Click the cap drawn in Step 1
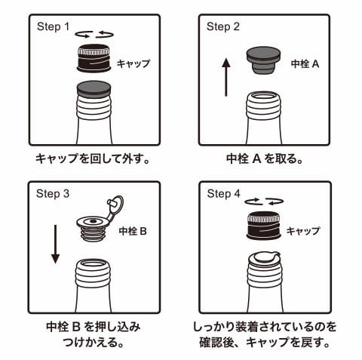click(94, 58)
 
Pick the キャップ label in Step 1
click(133, 63)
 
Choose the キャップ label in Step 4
click(303, 231)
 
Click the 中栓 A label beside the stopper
click(305, 64)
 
